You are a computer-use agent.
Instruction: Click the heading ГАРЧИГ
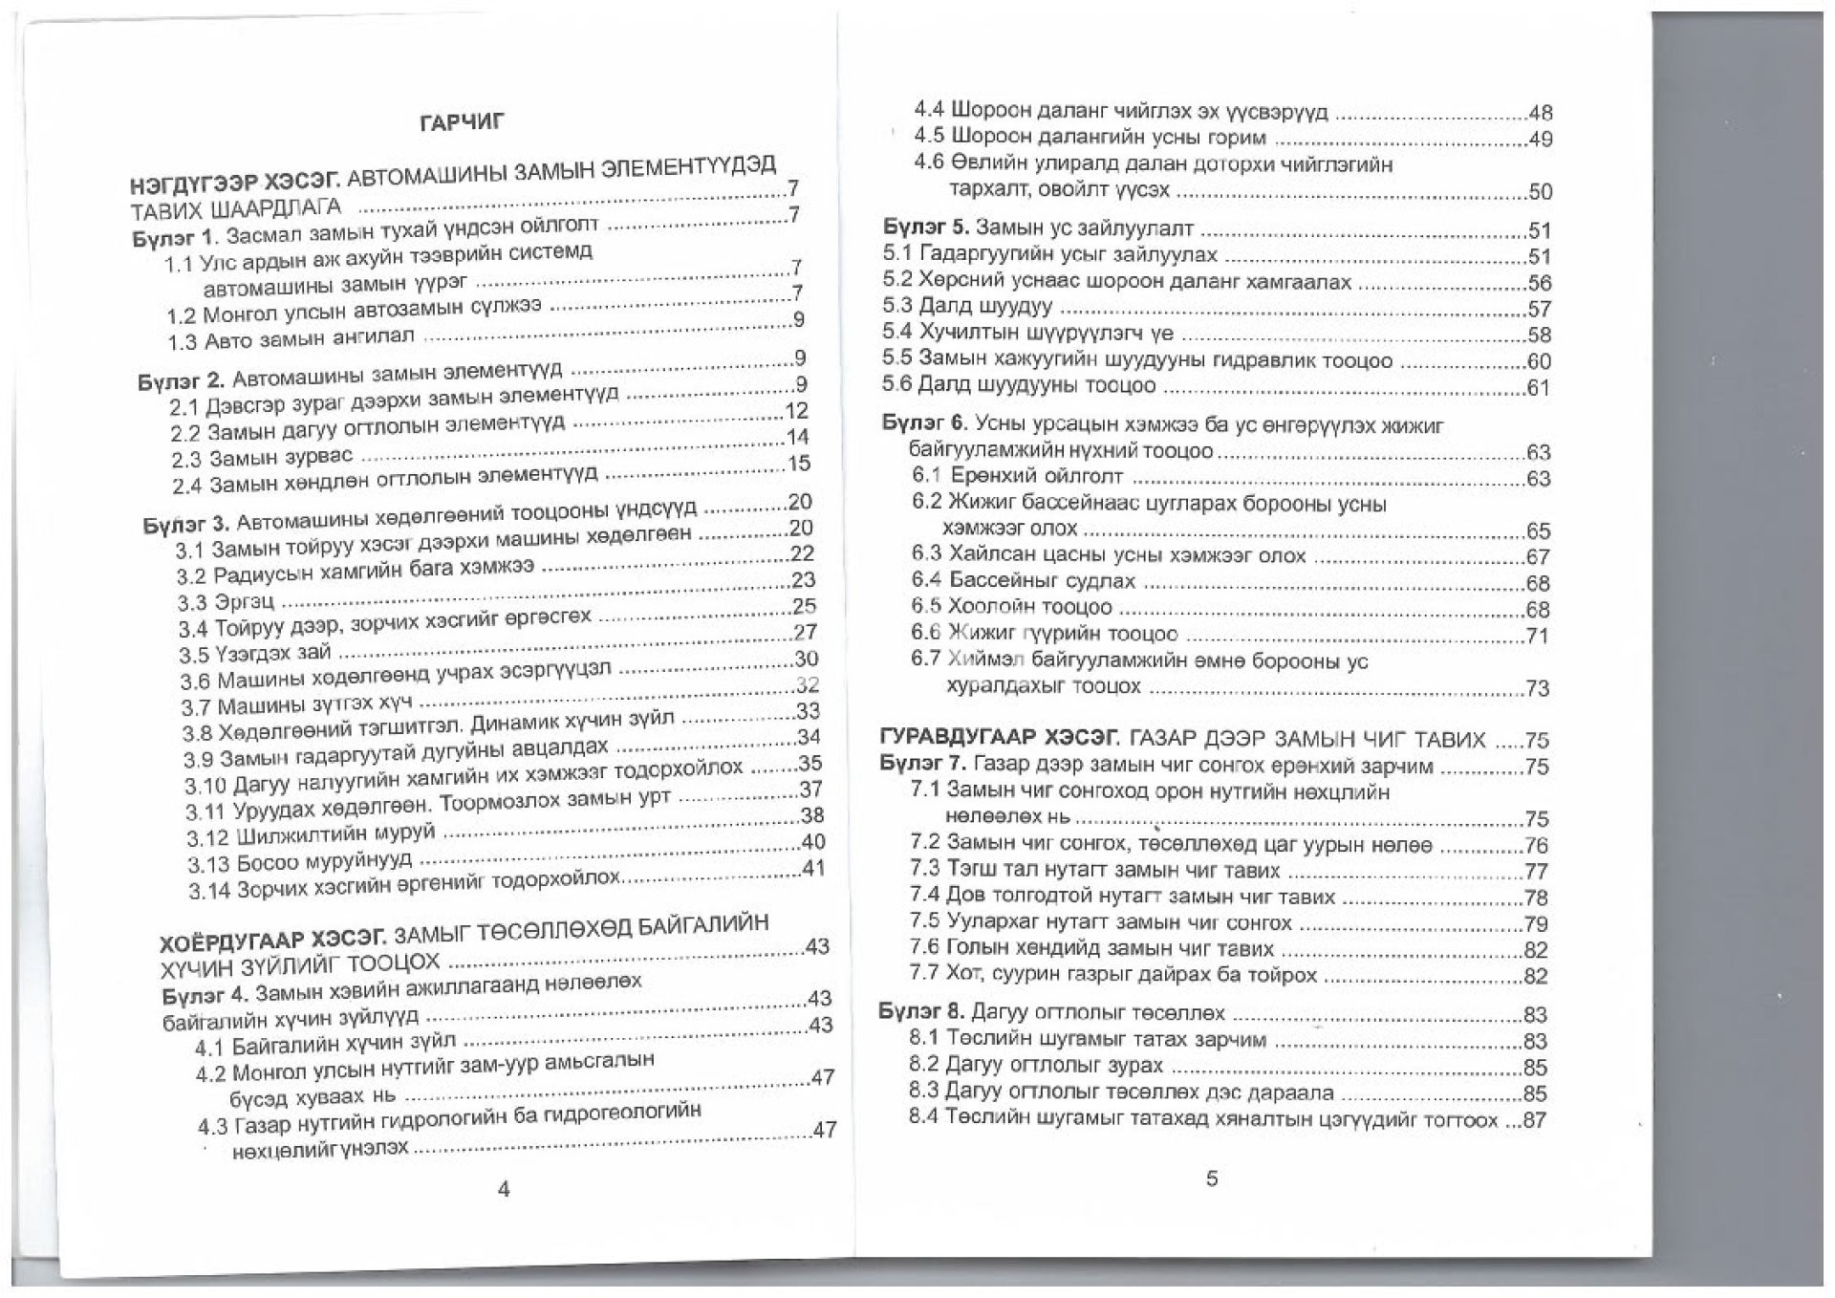click(x=463, y=122)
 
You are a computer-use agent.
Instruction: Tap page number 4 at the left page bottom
click(x=505, y=1189)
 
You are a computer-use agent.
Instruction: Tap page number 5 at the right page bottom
click(x=1212, y=1179)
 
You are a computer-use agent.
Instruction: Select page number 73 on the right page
click(x=1537, y=689)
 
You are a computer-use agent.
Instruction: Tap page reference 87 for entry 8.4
click(x=1534, y=1120)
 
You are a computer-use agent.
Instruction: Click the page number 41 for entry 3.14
click(x=813, y=869)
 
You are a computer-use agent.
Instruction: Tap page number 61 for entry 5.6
click(x=1538, y=388)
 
